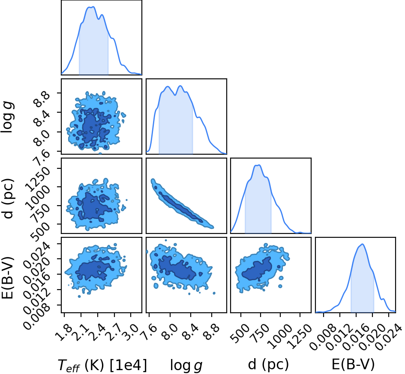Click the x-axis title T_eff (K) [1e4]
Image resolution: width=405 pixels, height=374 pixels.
[102, 365]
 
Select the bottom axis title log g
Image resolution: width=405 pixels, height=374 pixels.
[186, 365]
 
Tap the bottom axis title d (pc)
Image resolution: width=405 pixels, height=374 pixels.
[268, 365]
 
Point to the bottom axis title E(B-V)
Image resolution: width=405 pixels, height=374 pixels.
[353, 365]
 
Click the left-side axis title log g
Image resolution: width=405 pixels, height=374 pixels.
[7, 117]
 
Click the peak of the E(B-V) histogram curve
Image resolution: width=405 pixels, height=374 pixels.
[363, 244]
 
